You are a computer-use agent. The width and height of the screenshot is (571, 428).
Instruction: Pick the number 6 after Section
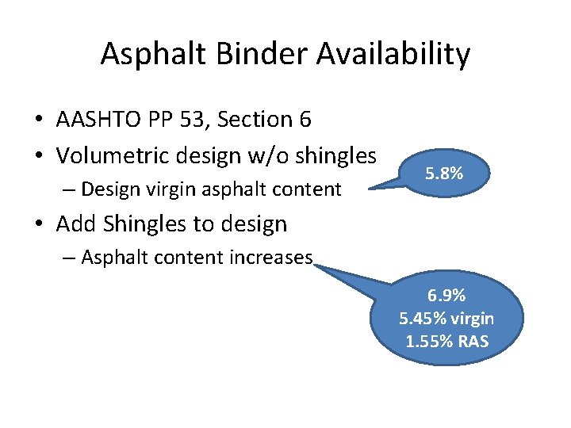305,120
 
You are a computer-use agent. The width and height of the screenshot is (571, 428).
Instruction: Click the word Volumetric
110,155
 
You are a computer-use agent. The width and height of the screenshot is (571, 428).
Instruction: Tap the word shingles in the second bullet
334,155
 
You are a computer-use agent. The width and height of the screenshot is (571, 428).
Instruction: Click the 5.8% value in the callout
444,172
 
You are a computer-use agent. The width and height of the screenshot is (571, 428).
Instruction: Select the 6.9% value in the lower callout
446,296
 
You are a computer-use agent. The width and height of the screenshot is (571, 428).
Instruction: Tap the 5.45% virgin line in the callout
446,319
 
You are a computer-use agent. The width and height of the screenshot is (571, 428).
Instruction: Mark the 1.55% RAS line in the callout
446,342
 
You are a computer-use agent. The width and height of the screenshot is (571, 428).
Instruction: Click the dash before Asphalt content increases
69,258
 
